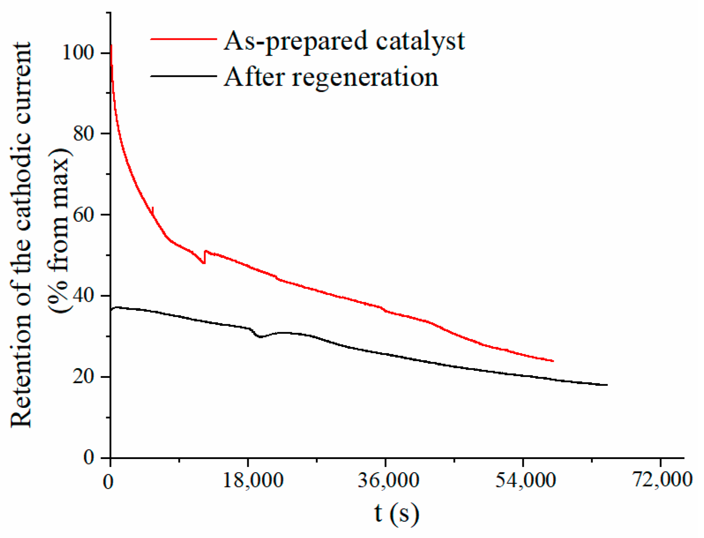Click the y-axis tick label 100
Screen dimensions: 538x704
tap(78, 52)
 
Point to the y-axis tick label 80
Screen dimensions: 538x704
tap(84, 133)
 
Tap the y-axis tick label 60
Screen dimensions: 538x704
tap(84, 215)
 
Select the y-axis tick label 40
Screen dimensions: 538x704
tap(84, 295)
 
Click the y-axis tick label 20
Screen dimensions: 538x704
tap(84, 377)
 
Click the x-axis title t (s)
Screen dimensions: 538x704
tap(396, 513)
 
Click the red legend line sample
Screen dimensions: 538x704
tap(183, 39)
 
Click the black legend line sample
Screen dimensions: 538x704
tap(183, 76)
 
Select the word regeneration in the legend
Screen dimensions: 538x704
tap(365, 78)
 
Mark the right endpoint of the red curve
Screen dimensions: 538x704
tap(553, 361)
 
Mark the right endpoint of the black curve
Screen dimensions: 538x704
tap(607, 385)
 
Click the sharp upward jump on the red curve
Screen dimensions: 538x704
tap(205, 257)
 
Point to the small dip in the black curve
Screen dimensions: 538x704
tap(260, 337)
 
